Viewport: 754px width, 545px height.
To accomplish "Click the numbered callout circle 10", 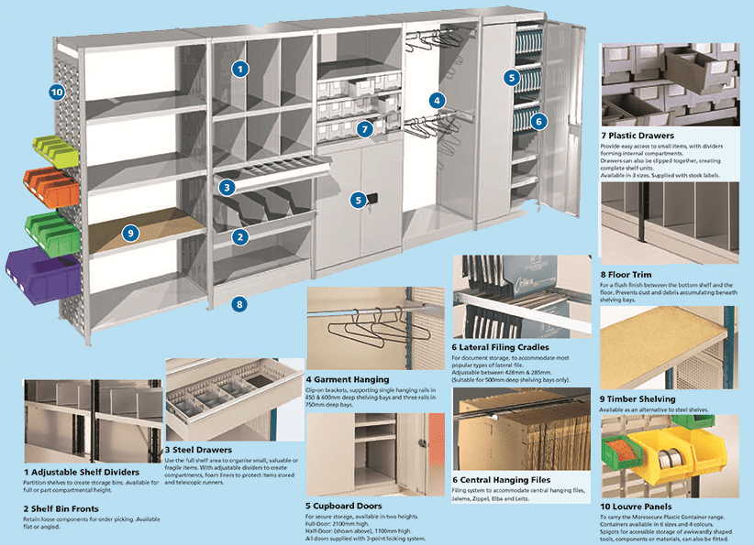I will click(x=57, y=92).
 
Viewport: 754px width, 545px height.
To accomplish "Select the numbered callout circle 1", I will click(x=240, y=68).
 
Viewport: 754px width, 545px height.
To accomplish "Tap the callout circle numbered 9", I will click(x=131, y=233).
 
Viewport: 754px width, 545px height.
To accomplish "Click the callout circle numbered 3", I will click(x=227, y=187).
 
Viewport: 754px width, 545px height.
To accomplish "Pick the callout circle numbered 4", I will click(x=438, y=100).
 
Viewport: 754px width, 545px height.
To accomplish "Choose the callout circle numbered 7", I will click(x=365, y=129).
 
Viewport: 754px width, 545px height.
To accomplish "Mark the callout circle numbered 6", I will click(x=538, y=120).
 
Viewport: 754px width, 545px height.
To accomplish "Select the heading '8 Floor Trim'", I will click(x=626, y=272).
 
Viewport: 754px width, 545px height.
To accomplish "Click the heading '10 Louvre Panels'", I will click(x=639, y=505).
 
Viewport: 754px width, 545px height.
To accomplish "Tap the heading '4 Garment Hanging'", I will click(x=348, y=378).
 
